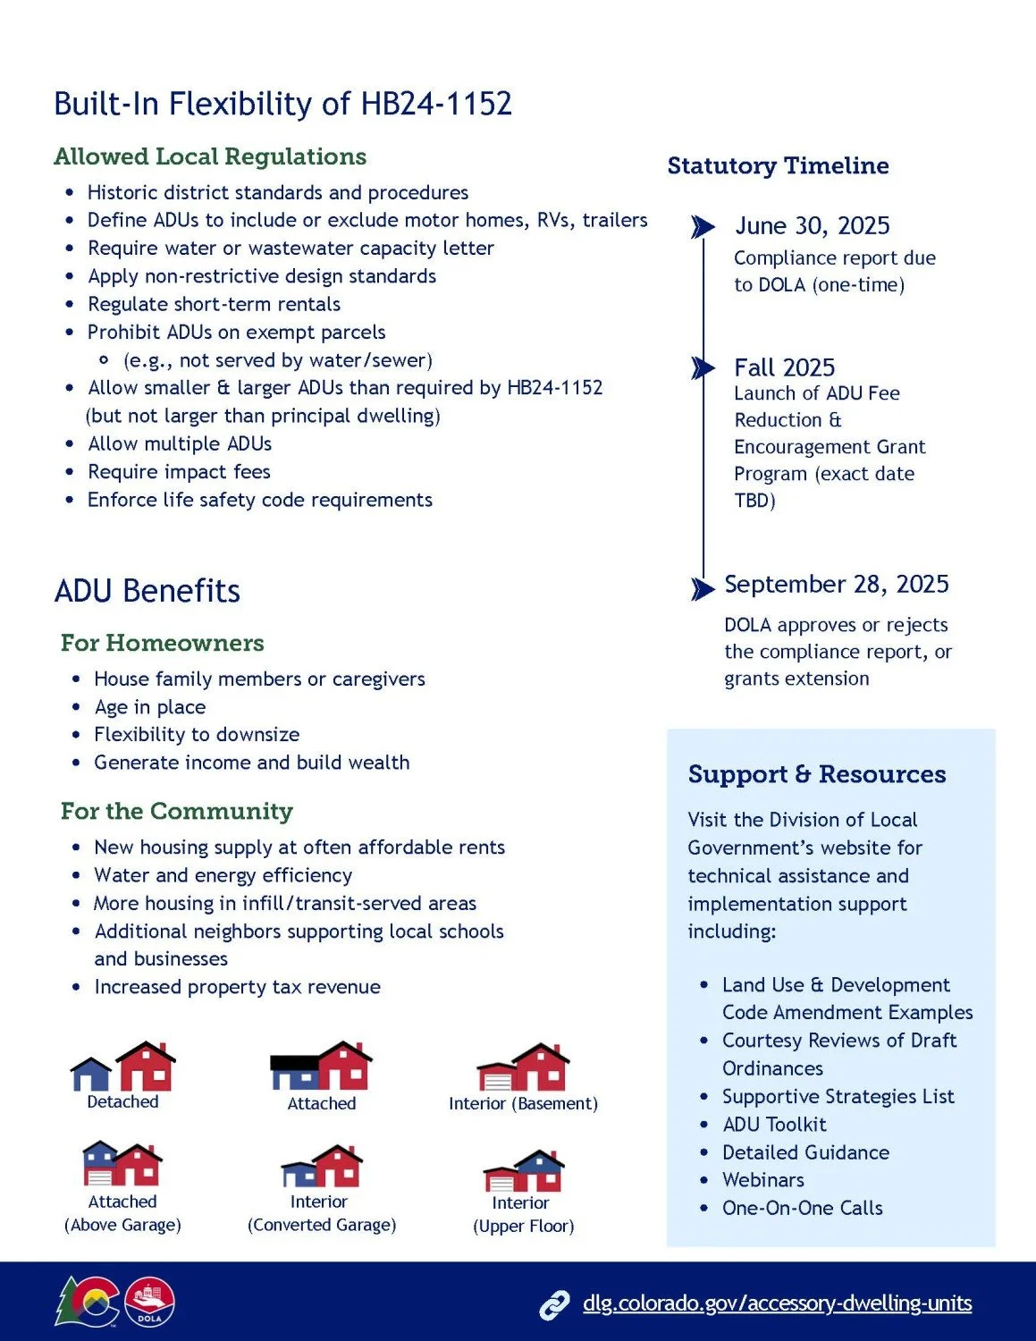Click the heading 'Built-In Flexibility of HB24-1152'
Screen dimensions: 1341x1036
pyautogui.click(x=282, y=104)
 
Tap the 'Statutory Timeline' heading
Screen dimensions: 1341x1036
pyautogui.click(x=778, y=165)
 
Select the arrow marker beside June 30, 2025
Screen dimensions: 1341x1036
pyautogui.click(x=703, y=227)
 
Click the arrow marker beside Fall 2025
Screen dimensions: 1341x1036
pyautogui.click(x=703, y=368)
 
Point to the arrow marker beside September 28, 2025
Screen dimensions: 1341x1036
pyautogui.click(x=703, y=588)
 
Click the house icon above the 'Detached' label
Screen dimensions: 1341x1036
pyautogui.click(x=123, y=1066)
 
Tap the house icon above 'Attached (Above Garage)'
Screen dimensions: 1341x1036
pyautogui.click(x=122, y=1163)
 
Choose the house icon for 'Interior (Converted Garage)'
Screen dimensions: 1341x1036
pyautogui.click(x=322, y=1166)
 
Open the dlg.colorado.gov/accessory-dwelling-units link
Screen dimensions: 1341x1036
pyautogui.click(x=777, y=1303)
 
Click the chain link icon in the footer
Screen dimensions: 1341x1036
pyautogui.click(x=554, y=1305)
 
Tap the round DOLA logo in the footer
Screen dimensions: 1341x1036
pyautogui.click(x=150, y=1303)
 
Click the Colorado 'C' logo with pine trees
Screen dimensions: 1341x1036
pyautogui.click(x=87, y=1302)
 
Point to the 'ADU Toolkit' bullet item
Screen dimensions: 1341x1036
pyautogui.click(x=774, y=1125)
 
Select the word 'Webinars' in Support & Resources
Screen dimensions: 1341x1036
pyautogui.click(x=762, y=1180)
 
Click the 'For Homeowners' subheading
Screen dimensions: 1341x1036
pyautogui.click(x=162, y=643)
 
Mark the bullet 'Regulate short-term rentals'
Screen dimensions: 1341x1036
pyautogui.click(x=214, y=304)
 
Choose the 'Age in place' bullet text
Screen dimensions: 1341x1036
pyautogui.click(x=150, y=707)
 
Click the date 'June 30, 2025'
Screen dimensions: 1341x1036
pyautogui.click(x=812, y=226)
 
